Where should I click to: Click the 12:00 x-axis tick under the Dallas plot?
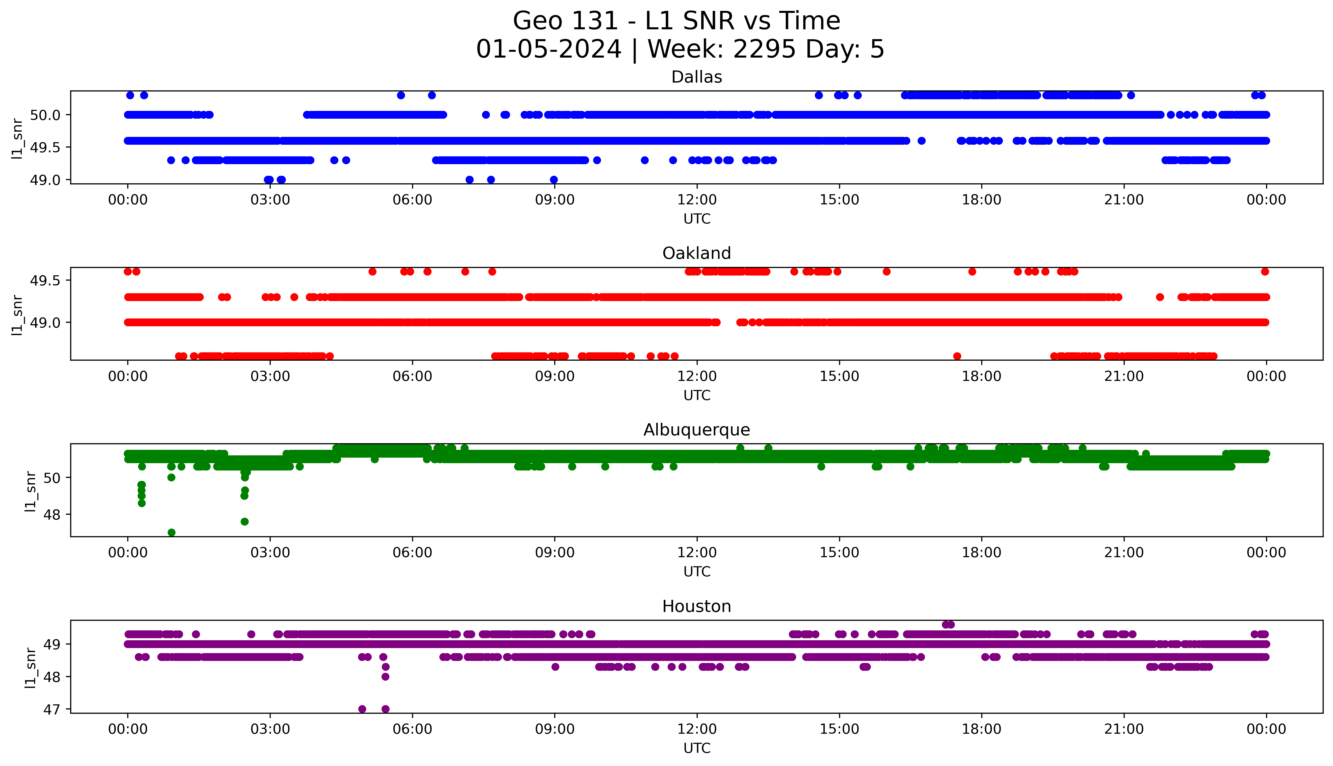(x=697, y=200)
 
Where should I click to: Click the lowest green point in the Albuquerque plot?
(x=171, y=532)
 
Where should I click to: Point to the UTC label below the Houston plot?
(x=697, y=748)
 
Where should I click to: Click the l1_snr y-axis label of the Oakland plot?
(x=17, y=315)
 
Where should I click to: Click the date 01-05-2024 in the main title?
(x=548, y=50)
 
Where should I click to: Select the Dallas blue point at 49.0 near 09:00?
(x=554, y=180)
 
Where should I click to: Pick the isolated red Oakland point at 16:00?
(x=887, y=271)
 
